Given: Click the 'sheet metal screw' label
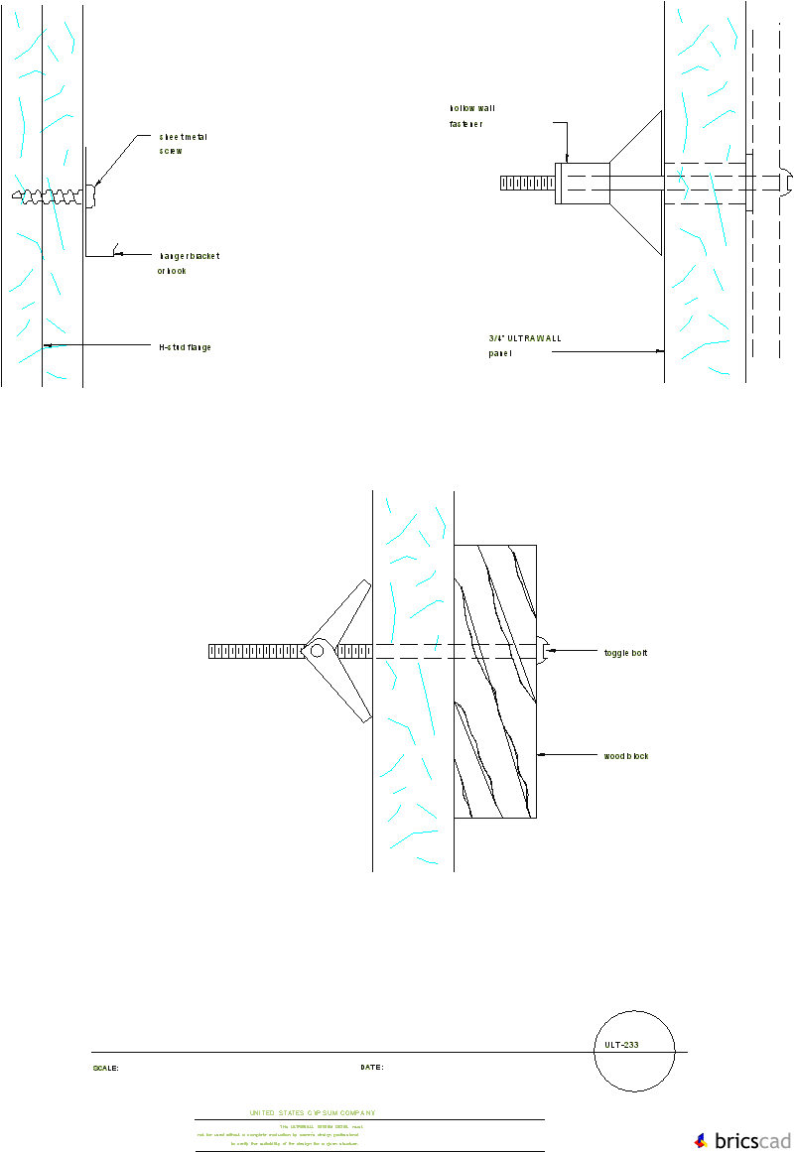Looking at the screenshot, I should click(183, 144).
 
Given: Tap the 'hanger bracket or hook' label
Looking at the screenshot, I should click(188, 263).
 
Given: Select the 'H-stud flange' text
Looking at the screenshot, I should click(185, 347).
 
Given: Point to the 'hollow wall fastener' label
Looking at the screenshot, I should click(466, 116).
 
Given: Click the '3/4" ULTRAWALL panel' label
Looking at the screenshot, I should click(524, 344).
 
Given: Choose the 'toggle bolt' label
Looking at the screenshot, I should click(625, 653).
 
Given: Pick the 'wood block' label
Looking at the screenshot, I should click(625, 756).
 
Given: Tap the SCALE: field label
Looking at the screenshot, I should click(105, 1069).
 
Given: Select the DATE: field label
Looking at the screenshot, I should click(371, 1068).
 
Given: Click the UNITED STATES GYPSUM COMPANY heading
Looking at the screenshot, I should click(313, 1113).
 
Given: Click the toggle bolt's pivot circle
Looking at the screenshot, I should click(317, 651).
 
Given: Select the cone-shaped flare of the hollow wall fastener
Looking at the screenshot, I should click(635, 184).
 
